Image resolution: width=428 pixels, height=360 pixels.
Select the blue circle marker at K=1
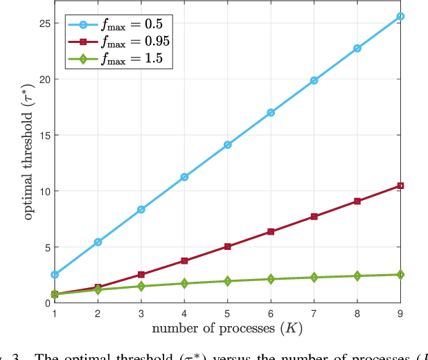[55, 275]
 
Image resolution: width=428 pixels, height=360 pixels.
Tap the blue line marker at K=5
[228, 145]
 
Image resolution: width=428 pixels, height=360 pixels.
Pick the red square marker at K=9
[401, 186]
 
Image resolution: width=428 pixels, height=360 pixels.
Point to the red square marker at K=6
[271, 231]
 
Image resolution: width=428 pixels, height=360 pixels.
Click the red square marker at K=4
[184, 261]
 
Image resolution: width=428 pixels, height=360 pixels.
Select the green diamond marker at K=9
[401, 275]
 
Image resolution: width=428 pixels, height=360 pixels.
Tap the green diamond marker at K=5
[228, 281]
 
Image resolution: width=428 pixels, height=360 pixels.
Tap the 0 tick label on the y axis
[46, 303]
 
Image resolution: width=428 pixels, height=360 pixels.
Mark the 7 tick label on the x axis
[314, 314]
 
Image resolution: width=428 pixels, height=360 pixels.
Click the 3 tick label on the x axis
[141, 314]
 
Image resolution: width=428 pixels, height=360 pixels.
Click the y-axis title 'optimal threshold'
[28, 163]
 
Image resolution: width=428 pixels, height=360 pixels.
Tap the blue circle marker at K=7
[314, 80]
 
